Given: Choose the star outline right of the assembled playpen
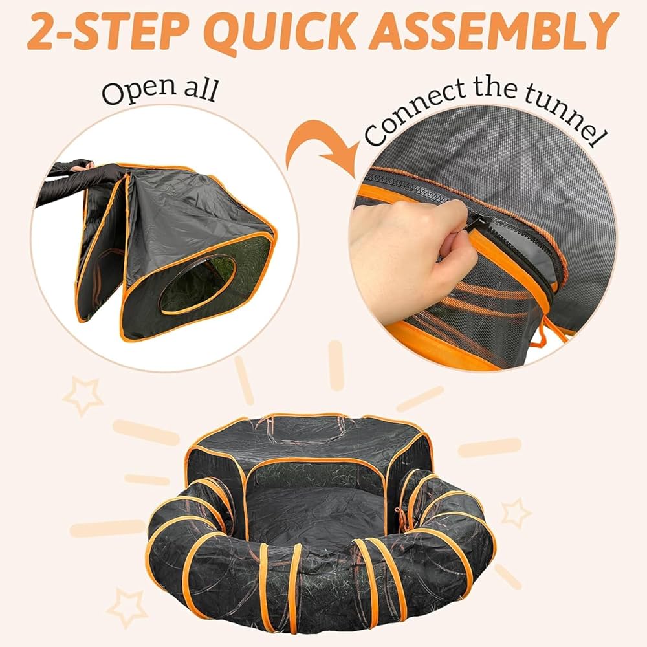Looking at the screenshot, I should click(x=516, y=512).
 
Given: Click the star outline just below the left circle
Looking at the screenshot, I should click(x=82, y=396).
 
